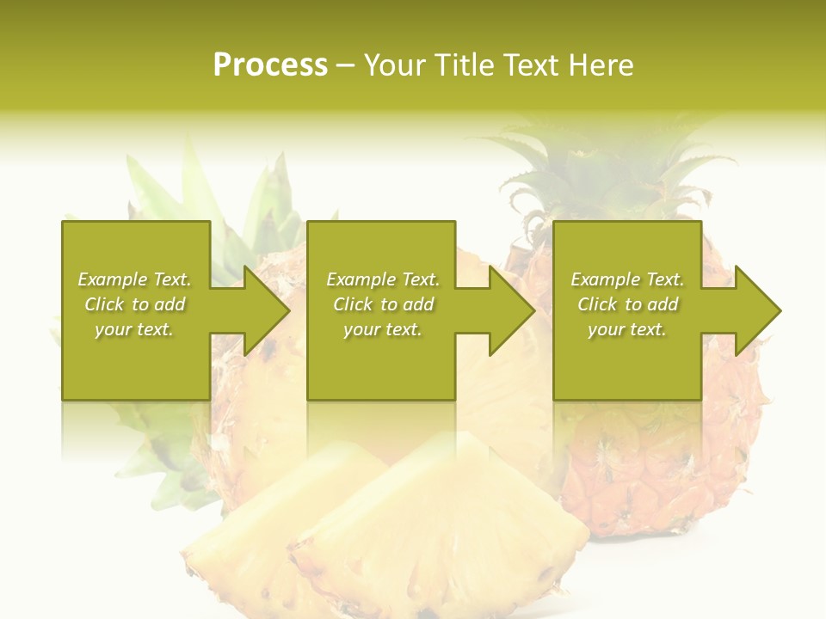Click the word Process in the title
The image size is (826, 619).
(270, 65)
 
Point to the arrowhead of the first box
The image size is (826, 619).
(267, 310)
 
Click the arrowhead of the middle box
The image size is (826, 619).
(512, 310)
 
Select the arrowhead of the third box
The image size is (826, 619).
(758, 310)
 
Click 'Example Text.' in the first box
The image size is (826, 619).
(135, 279)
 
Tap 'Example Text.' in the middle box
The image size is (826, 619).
(383, 279)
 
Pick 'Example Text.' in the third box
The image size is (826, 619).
(627, 279)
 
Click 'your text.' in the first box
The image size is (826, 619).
(134, 329)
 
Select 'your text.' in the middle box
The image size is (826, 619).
(382, 329)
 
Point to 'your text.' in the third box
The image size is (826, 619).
(626, 329)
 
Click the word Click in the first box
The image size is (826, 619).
(105, 304)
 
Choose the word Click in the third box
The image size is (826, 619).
(598, 304)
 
